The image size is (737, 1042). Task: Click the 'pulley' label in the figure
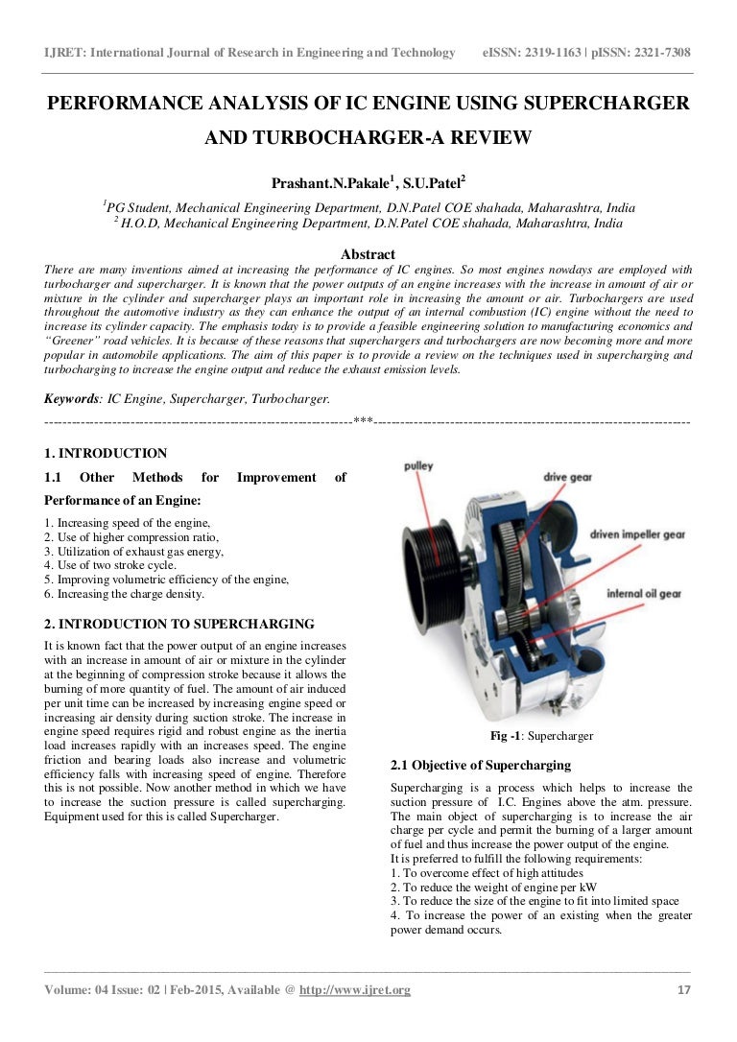click(x=417, y=466)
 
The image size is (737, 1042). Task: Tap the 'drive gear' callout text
click(x=567, y=476)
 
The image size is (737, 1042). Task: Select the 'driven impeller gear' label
click(x=635, y=533)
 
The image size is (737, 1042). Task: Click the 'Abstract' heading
click(x=368, y=254)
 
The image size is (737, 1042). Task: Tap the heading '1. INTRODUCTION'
click(x=106, y=454)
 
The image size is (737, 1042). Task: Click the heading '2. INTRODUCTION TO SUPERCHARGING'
click(x=179, y=624)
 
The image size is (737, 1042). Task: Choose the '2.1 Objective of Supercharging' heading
click(x=481, y=766)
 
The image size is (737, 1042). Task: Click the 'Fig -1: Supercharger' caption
click(x=541, y=736)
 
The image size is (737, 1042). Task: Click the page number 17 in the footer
click(x=683, y=990)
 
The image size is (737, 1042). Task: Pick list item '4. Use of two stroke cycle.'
click(x=109, y=565)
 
